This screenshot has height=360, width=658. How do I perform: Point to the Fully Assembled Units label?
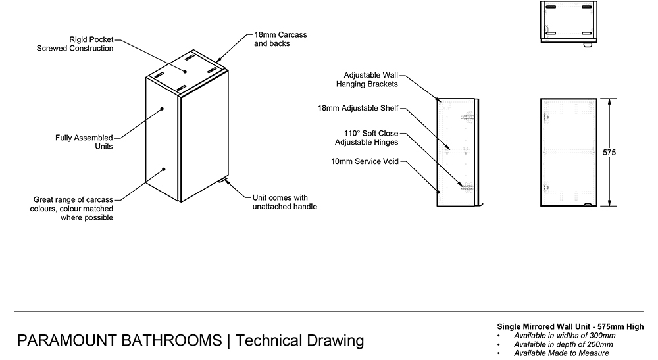[84, 142]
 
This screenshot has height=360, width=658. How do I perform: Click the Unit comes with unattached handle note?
[284, 202]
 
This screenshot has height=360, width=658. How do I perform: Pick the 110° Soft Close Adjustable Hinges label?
[366, 138]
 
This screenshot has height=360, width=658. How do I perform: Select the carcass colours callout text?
[73, 208]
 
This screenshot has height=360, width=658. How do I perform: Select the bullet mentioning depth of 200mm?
[564, 344]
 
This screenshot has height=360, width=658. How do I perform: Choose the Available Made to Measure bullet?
[561, 353]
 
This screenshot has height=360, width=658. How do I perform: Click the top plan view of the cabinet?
[567, 21]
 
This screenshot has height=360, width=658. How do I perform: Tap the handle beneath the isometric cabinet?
[222, 178]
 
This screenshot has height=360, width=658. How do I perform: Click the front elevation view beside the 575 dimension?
[569, 152]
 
